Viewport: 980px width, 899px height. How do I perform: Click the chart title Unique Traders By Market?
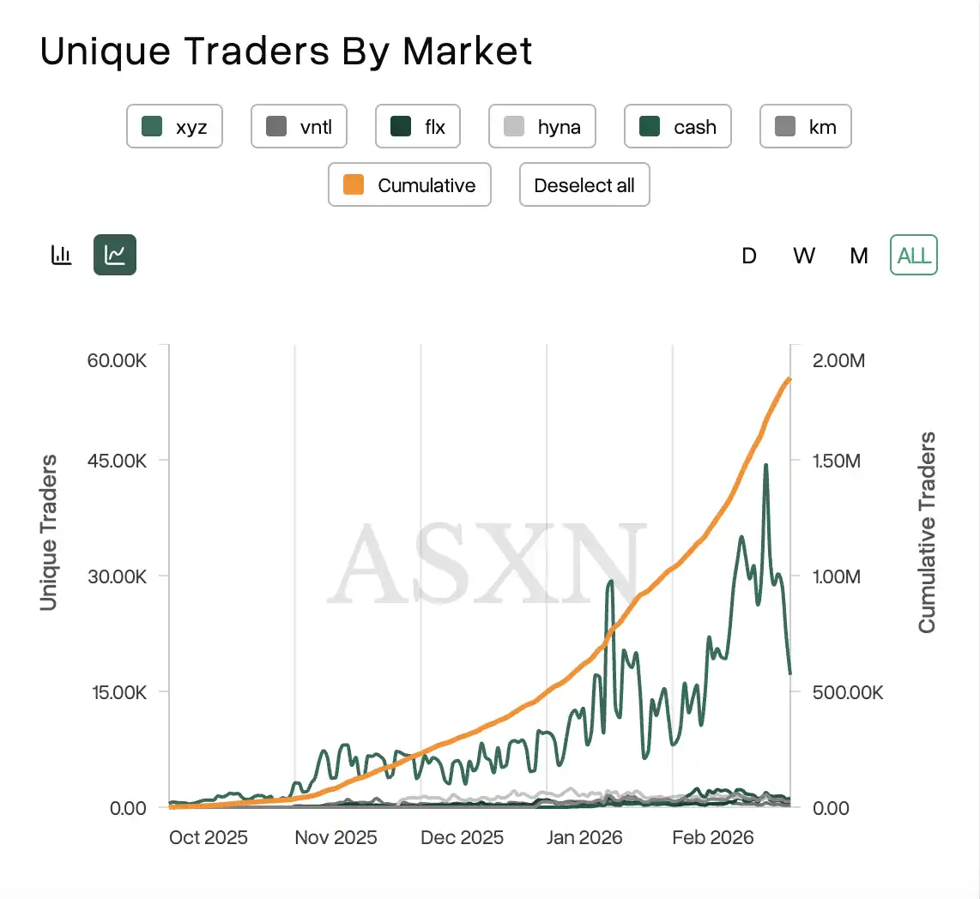pyautogui.click(x=286, y=51)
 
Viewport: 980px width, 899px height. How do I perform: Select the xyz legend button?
pyautogui.click(x=174, y=127)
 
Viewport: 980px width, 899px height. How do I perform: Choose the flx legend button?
pyautogui.click(x=418, y=127)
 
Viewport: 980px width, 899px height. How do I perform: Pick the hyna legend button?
pyautogui.click(x=541, y=127)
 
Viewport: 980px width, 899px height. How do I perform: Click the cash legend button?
pyautogui.click(x=678, y=127)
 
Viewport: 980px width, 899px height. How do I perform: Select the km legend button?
pyautogui.click(x=805, y=127)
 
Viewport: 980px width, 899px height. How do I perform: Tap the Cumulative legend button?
pyautogui.click(x=409, y=185)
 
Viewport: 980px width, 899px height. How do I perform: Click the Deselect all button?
pyautogui.click(x=584, y=185)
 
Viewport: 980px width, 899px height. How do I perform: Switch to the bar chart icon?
pyautogui.click(x=62, y=255)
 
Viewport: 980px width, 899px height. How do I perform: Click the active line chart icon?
pyautogui.click(x=115, y=255)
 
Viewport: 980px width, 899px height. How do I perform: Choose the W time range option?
pyautogui.click(x=804, y=256)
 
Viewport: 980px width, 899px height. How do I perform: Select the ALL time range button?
pyautogui.click(x=914, y=256)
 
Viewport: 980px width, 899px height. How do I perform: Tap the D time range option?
pyautogui.click(x=749, y=256)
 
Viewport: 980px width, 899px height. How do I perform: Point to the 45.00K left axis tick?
pyautogui.click(x=117, y=461)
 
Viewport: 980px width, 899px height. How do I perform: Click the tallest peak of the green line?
pyautogui.click(x=765, y=466)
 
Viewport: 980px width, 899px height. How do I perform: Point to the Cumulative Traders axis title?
pyautogui.click(x=927, y=532)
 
